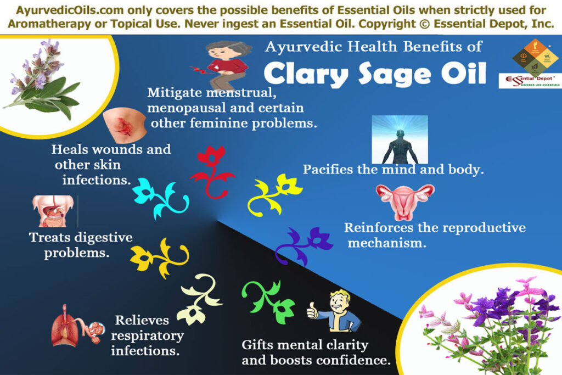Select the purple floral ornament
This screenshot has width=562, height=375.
point(304,244)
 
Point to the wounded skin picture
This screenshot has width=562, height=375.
point(126,124)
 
